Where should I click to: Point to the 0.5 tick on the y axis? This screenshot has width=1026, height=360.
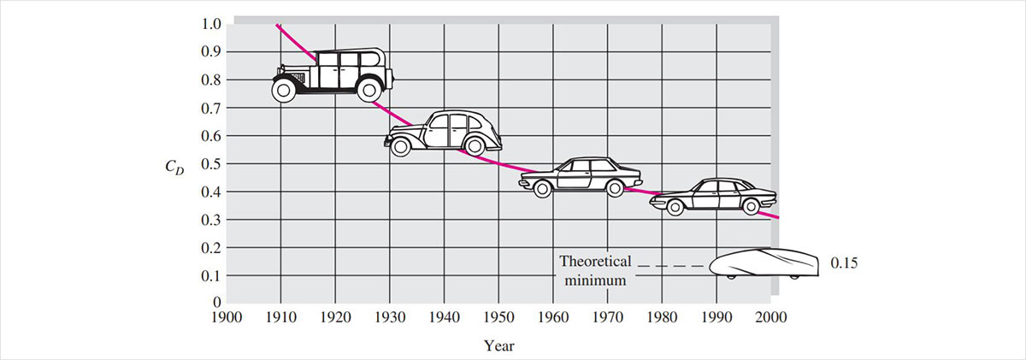click(x=209, y=163)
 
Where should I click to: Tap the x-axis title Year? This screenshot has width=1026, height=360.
click(x=498, y=346)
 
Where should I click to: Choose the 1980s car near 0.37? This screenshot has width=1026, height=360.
click(x=713, y=197)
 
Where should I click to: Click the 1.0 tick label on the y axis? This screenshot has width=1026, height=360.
click(x=209, y=24)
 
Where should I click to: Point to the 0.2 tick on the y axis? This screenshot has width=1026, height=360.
click(x=209, y=247)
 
